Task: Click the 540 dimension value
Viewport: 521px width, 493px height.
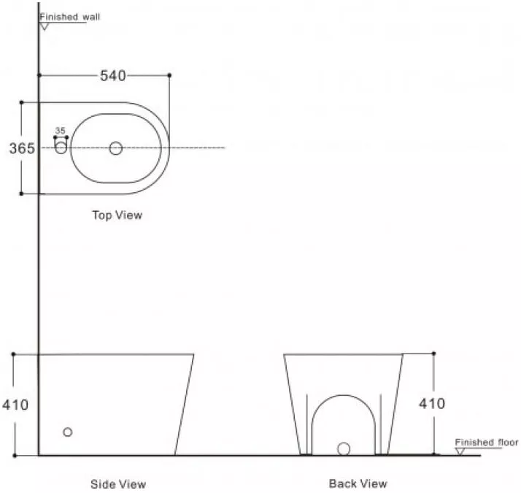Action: pyautogui.click(x=113, y=76)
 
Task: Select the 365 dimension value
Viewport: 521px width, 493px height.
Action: pyautogui.click(x=22, y=148)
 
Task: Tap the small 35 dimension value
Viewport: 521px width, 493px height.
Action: pyautogui.click(x=60, y=131)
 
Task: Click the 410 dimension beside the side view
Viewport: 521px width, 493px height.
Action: pyautogui.click(x=15, y=405)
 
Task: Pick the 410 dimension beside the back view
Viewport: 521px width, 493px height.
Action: pyautogui.click(x=432, y=404)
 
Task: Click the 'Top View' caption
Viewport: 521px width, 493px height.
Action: pyautogui.click(x=117, y=215)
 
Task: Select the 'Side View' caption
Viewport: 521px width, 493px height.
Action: pyautogui.click(x=118, y=484)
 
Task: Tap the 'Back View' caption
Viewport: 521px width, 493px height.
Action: pyautogui.click(x=358, y=484)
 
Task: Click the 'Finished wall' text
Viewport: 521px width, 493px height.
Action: pyautogui.click(x=70, y=17)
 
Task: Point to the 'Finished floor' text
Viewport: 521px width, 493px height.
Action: pyautogui.click(x=487, y=443)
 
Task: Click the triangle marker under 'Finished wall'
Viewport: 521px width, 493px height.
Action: pyautogui.click(x=45, y=26)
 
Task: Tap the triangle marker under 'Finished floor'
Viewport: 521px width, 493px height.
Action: pyautogui.click(x=460, y=451)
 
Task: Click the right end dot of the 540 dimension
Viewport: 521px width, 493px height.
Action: pyautogui.click(x=169, y=75)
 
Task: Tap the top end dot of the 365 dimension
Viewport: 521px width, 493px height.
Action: pyautogui.click(x=22, y=102)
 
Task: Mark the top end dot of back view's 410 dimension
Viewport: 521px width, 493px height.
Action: pyautogui.click(x=433, y=353)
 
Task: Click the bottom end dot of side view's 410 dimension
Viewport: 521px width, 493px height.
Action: pyautogui.click(x=15, y=456)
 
